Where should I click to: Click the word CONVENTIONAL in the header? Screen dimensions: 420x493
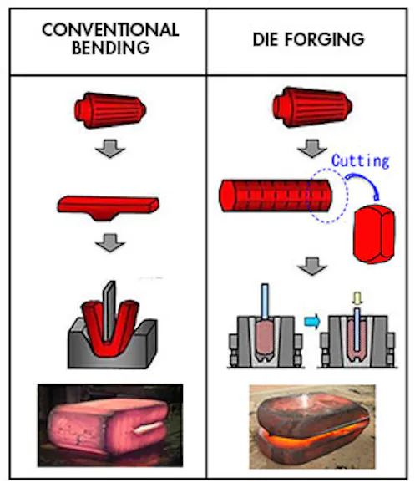(x=110, y=30)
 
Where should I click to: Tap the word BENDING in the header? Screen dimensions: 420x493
(x=111, y=48)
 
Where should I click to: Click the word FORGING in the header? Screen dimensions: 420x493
(x=325, y=39)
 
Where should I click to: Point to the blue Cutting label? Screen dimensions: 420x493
(x=361, y=161)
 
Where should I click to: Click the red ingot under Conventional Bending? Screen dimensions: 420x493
(x=110, y=110)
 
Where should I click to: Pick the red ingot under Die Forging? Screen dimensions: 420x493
(x=312, y=107)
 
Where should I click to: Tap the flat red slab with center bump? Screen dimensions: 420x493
(x=108, y=207)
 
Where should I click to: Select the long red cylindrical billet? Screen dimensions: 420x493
(x=276, y=196)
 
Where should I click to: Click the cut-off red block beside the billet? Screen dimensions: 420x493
(x=374, y=234)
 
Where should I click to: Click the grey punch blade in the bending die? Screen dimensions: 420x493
(x=109, y=312)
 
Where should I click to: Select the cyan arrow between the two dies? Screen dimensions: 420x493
(x=312, y=322)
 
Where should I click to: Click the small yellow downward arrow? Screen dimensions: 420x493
(x=357, y=298)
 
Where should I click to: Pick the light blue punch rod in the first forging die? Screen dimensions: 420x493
(x=265, y=301)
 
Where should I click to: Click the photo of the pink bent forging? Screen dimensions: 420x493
(x=110, y=424)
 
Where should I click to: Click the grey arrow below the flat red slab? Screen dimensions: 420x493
(x=110, y=242)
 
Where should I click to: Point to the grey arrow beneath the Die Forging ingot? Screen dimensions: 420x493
(x=312, y=148)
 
